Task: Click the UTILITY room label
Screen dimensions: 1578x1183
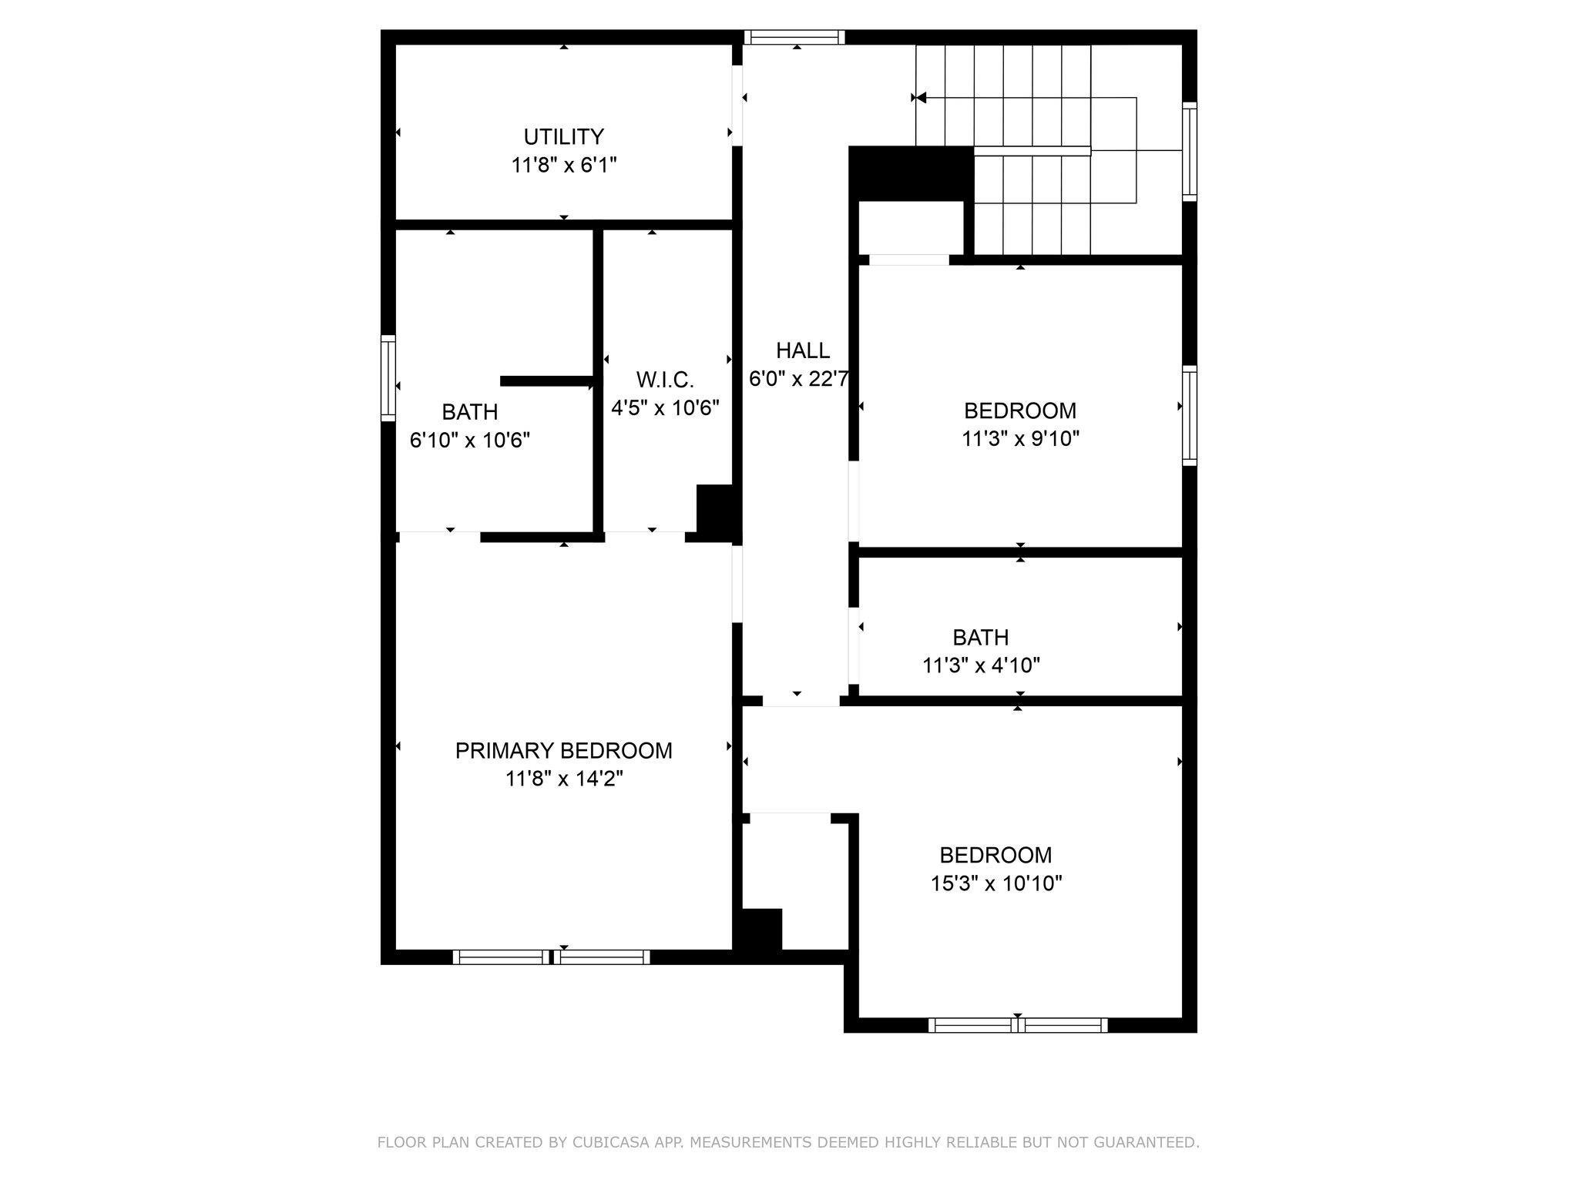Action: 563,137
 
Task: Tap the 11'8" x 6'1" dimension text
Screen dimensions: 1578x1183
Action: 564,165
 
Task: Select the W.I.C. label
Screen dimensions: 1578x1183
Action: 665,380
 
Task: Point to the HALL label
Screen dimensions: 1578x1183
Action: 803,351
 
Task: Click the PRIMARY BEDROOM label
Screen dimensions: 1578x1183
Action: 564,751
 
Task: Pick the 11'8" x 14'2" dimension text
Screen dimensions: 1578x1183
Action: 564,779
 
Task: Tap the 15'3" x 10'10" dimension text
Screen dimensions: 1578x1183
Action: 996,883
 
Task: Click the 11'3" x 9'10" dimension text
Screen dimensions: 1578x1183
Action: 1020,438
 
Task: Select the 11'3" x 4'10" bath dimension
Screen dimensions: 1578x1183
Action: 981,665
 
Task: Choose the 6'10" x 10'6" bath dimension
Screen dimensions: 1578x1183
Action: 470,440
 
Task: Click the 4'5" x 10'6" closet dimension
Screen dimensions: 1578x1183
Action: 665,407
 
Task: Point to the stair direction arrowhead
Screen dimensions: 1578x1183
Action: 919,98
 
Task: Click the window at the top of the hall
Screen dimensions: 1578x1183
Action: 794,37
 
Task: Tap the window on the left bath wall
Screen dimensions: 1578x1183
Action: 388,378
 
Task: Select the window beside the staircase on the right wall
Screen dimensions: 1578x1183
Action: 1190,152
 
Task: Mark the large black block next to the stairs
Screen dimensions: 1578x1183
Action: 911,173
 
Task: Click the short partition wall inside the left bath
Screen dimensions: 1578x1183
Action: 547,381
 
